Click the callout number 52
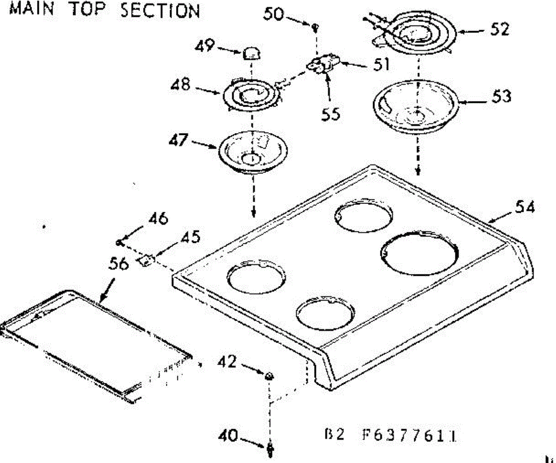coord(499,29)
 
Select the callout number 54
coord(524,207)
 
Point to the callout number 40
coord(230,437)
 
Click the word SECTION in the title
coord(160,10)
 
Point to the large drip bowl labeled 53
coord(417,107)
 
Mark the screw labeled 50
coord(316,27)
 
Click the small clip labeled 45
coord(146,260)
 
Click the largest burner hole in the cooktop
coord(420,254)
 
